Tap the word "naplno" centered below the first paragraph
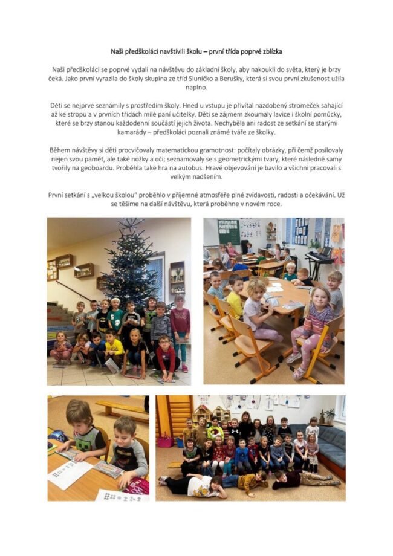tap(196, 88)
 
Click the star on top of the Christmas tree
tap(129, 223)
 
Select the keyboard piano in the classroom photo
tap(319, 259)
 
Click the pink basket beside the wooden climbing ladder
tap(164, 441)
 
